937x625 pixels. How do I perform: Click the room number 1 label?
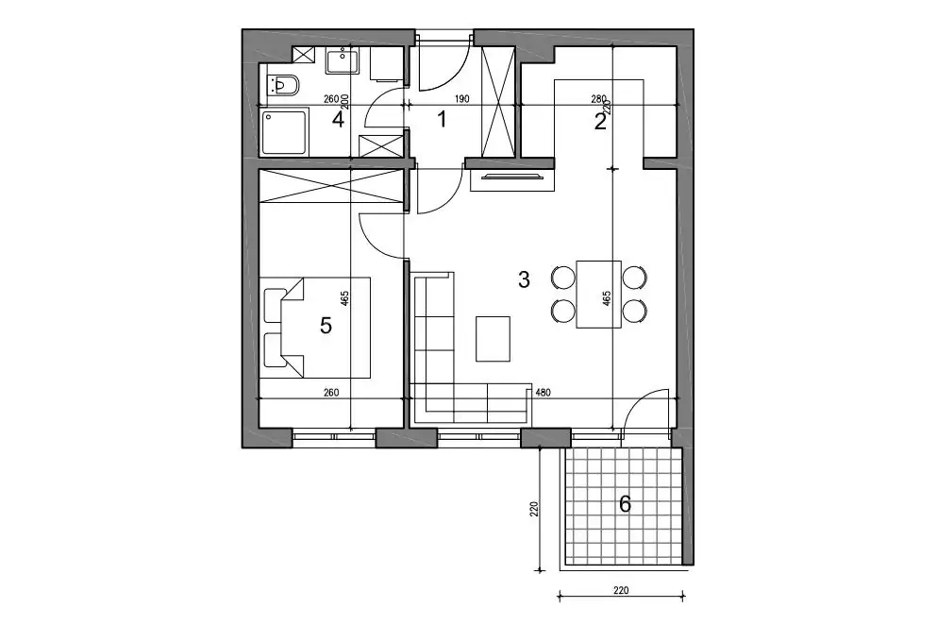(442, 120)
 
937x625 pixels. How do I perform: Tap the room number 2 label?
(600, 122)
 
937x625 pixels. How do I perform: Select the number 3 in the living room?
(524, 279)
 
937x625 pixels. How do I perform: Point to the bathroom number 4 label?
(338, 120)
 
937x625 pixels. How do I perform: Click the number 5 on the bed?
(326, 326)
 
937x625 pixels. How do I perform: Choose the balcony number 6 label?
(625, 504)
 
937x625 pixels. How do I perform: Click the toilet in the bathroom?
(282, 86)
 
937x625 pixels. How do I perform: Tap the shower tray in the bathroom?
(285, 131)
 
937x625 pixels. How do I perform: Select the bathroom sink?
(343, 61)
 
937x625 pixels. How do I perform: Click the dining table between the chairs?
(599, 294)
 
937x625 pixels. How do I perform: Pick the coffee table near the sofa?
(493, 339)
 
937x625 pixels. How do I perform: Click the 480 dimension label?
(543, 393)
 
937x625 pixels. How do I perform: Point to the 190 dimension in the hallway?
(462, 99)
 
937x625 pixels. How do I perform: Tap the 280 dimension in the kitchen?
(598, 99)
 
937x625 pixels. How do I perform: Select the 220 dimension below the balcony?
(621, 591)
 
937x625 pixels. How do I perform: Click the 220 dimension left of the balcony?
(535, 508)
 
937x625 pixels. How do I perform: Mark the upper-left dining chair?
(562, 277)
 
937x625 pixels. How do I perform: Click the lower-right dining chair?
(635, 311)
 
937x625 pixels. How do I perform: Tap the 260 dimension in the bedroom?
(331, 393)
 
